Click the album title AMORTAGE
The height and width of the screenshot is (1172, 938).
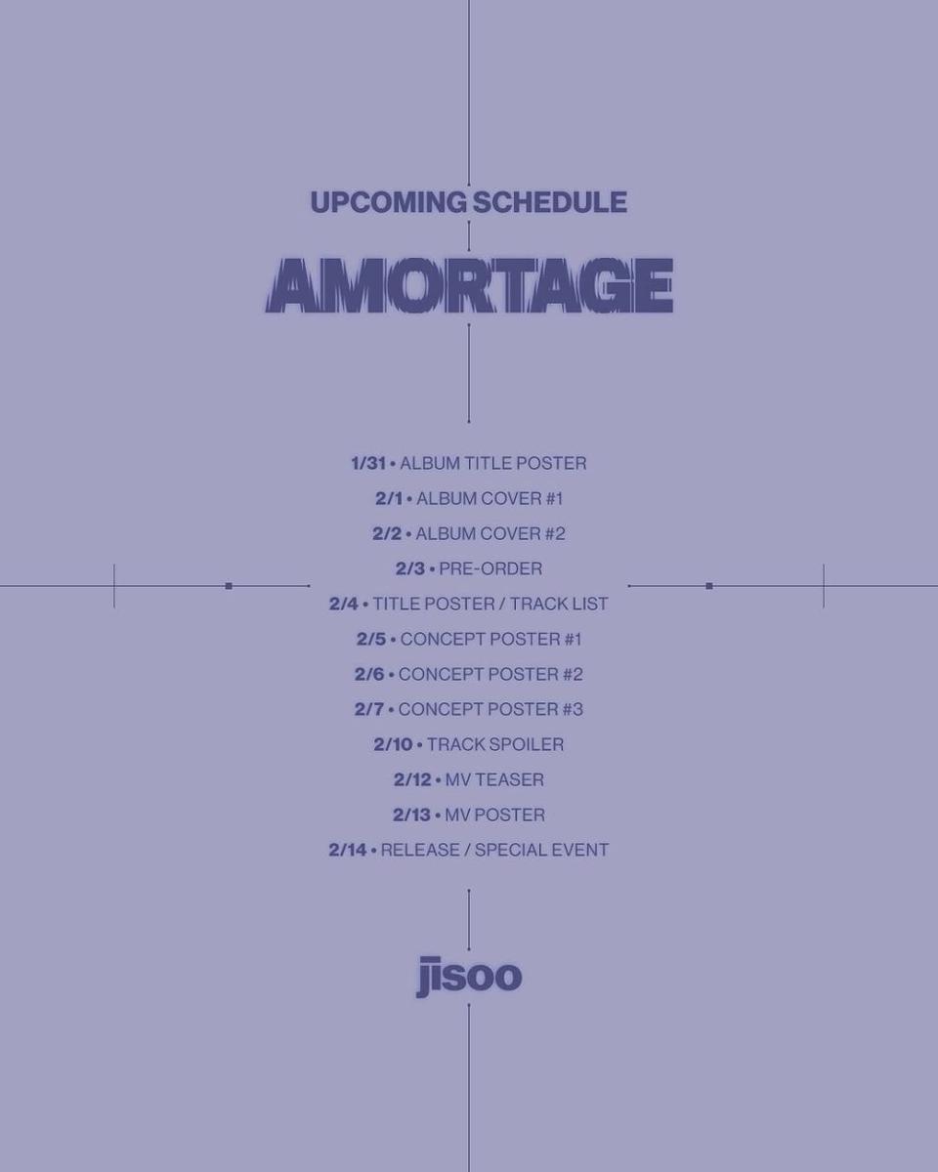coord(469,285)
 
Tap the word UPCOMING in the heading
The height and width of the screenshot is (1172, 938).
coord(389,202)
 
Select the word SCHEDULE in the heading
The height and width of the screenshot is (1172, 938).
coord(550,202)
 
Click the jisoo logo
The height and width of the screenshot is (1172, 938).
coord(469,977)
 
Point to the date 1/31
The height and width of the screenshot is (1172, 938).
coord(368,464)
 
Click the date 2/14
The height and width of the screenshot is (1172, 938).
coord(348,850)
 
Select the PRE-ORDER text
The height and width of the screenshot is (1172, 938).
coord(490,568)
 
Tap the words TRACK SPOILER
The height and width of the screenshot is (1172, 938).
coord(495,744)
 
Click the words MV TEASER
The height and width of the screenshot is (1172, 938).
coord(494,779)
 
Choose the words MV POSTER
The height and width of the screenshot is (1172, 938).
coord(494,815)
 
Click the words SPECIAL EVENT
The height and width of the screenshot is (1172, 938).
coord(541,850)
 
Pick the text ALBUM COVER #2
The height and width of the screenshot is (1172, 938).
coord(490,533)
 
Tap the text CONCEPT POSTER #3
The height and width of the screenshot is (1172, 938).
coord(490,709)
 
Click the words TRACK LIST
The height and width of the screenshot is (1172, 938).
coord(559,604)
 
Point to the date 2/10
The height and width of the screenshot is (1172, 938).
coord(393,744)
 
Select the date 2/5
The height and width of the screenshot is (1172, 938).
coord(371,639)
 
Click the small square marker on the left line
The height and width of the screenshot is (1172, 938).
coord(229,586)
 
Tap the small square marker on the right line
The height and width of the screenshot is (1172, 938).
coord(709,586)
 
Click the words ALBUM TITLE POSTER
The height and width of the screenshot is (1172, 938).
coord(493,464)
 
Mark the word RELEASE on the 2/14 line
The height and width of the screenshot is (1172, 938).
coord(420,850)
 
